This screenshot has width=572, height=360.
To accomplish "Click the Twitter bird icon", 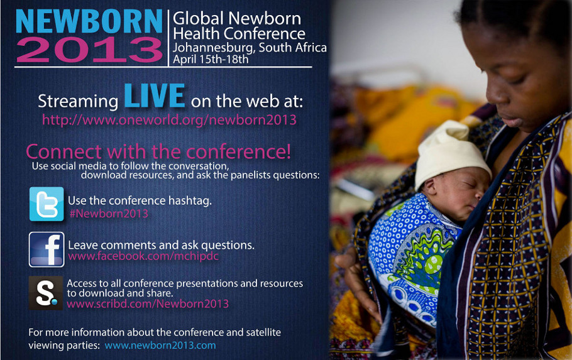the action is tap(47, 204).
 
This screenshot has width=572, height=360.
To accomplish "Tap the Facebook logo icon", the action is tap(47, 249).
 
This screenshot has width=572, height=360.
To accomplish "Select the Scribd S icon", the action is tap(46, 293).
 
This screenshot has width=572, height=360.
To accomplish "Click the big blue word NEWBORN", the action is tap(89, 21).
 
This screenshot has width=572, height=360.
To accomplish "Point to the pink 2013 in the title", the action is tap(89, 50).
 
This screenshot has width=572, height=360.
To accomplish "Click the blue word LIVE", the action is tap(154, 95).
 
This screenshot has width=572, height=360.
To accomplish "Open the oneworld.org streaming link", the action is tap(169, 120).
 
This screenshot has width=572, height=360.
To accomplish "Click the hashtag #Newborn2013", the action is tap(109, 214).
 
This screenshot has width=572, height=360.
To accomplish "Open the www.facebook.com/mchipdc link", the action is tap(143, 256).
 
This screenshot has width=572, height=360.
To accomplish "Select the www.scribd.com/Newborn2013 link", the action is tap(148, 304).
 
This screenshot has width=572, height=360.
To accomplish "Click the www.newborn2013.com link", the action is tap(160, 345).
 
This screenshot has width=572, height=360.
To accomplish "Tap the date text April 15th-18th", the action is tap(211, 59).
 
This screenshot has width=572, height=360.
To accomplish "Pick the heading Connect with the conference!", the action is tap(158, 151).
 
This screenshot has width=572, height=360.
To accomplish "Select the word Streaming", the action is tap(78, 102).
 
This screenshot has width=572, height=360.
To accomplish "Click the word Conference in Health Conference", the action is tap(265, 34).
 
